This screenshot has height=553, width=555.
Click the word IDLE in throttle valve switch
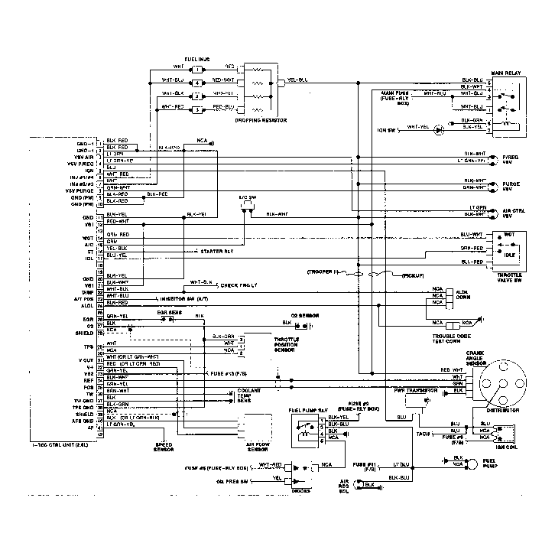pos(509,253)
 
